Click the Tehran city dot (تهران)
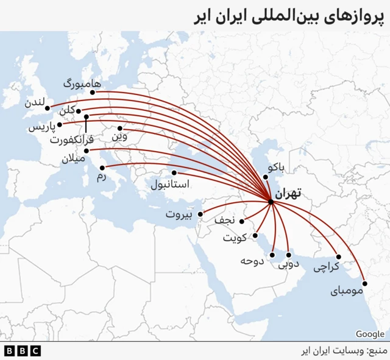(x=271, y=202)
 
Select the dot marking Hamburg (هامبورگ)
(x=93, y=93)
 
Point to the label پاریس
(x=43, y=127)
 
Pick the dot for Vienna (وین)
(x=120, y=129)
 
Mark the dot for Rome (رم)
(x=102, y=168)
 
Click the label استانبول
(x=170, y=183)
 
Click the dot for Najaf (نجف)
(x=242, y=221)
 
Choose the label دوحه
(x=252, y=261)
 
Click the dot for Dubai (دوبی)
(x=288, y=255)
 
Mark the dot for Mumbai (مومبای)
(x=365, y=283)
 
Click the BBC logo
(x=22, y=351)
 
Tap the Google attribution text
(x=370, y=334)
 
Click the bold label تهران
(x=288, y=195)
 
